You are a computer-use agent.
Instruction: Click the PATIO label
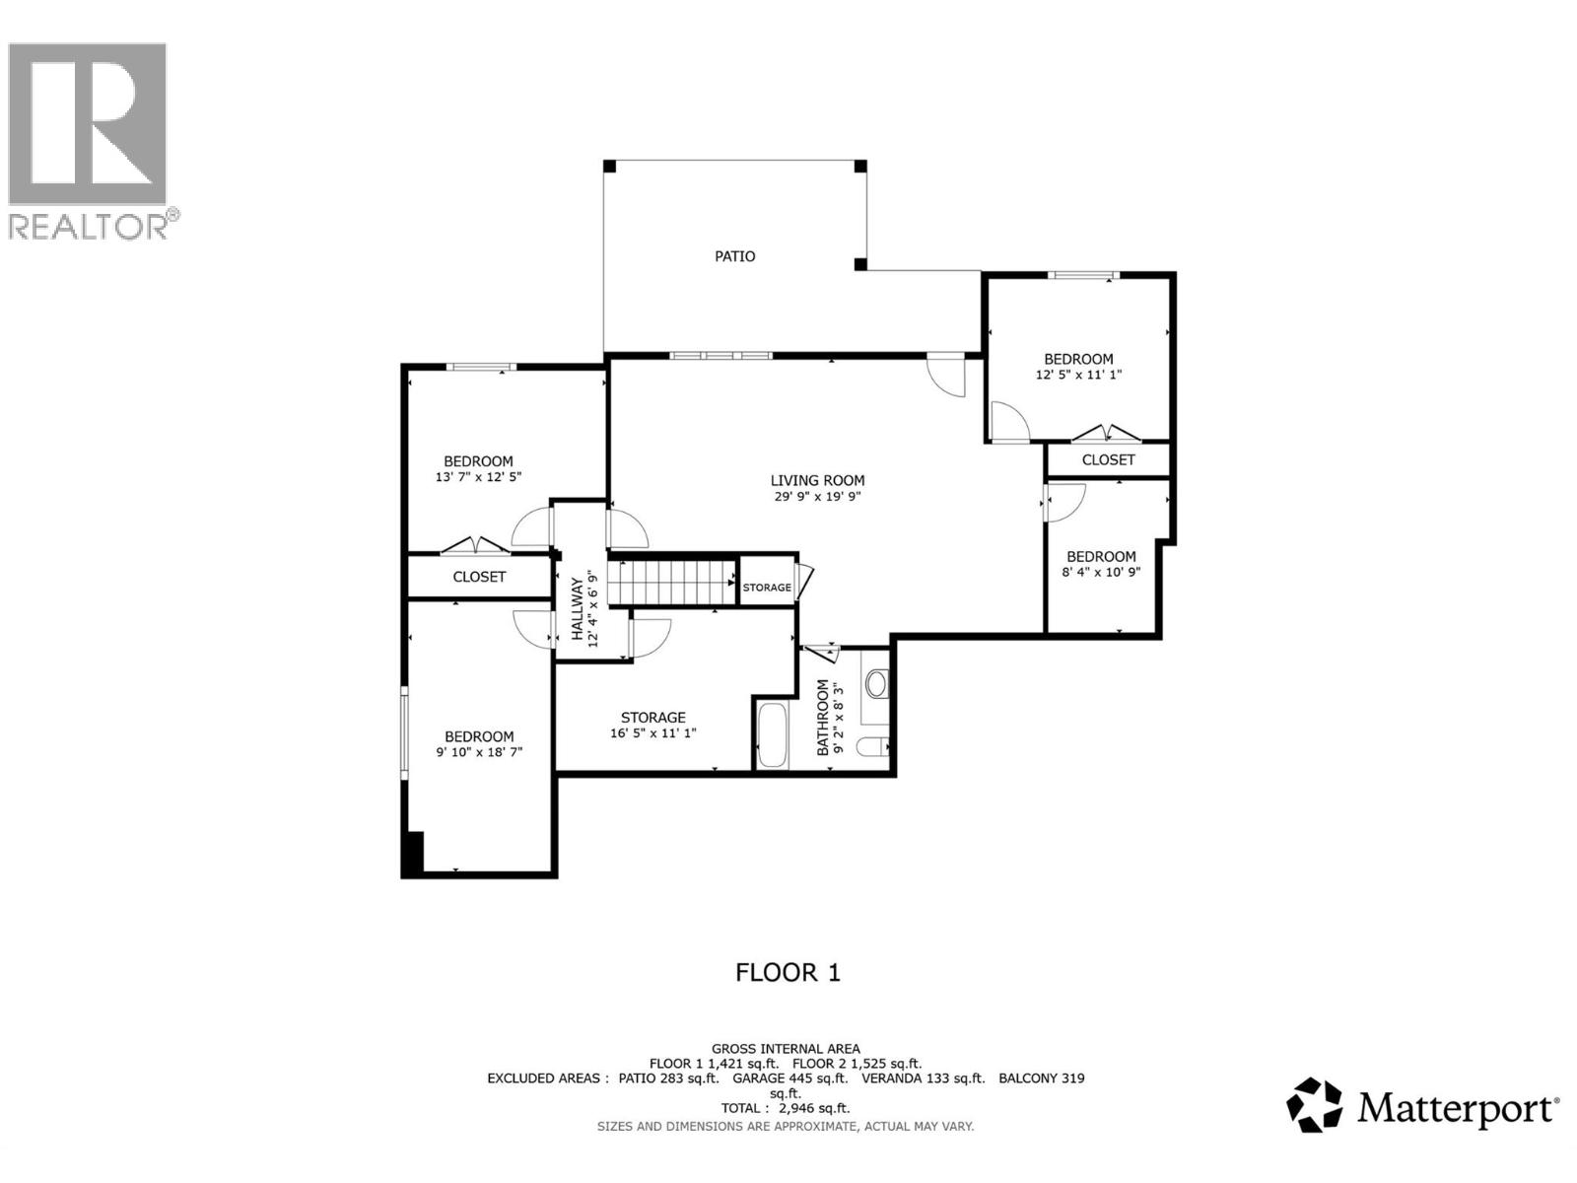734,256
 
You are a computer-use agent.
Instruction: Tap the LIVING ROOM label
817,480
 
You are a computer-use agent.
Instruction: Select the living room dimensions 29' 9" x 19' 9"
817,497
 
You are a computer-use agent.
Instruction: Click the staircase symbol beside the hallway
671,582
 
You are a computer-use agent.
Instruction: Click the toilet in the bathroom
871,746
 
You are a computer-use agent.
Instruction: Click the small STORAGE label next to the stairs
767,588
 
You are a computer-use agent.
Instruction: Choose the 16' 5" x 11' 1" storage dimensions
652,733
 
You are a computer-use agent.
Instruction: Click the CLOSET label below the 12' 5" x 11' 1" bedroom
1108,460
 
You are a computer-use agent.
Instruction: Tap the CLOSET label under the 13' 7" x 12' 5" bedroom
479,577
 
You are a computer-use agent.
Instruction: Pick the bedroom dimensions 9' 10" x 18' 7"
479,752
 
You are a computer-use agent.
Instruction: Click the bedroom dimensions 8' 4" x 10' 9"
1101,572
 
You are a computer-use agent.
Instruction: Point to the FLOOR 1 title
788,973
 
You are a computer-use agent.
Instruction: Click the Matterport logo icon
1315,1105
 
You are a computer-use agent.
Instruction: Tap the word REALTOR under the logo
89,226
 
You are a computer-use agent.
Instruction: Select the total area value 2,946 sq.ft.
813,1108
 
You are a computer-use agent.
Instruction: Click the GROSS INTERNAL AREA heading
786,1049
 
